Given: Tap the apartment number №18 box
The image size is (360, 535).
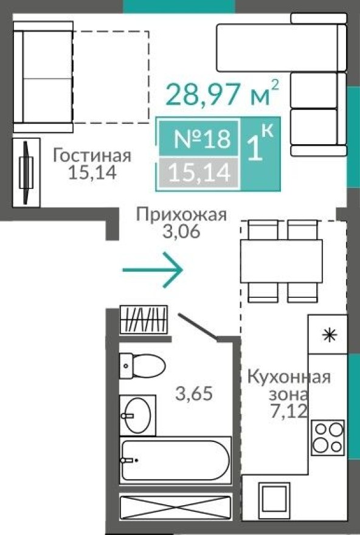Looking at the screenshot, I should pyautogui.click(x=202, y=139).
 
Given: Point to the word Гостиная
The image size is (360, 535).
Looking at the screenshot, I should pyautogui.click(x=92, y=156).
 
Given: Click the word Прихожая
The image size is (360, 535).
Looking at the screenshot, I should pyautogui.click(x=181, y=214).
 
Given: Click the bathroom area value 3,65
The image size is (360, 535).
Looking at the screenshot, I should pyautogui.click(x=193, y=394).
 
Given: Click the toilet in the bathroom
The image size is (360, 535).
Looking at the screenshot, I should pyautogui.click(x=142, y=366).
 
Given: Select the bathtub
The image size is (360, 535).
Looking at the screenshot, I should pyautogui.click(x=175, y=460).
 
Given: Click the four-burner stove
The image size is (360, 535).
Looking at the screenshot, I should pyautogui.click(x=328, y=437).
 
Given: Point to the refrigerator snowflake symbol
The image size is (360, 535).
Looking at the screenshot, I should pyautogui.click(x=329, y=334).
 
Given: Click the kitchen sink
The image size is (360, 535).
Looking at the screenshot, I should pyautogui.click(x=274, y=499).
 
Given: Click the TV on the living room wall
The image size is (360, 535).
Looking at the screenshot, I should pyautogui.click(x=26, y=172).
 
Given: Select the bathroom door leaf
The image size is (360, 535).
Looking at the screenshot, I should pyautogui.click(x=197, y=325).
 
